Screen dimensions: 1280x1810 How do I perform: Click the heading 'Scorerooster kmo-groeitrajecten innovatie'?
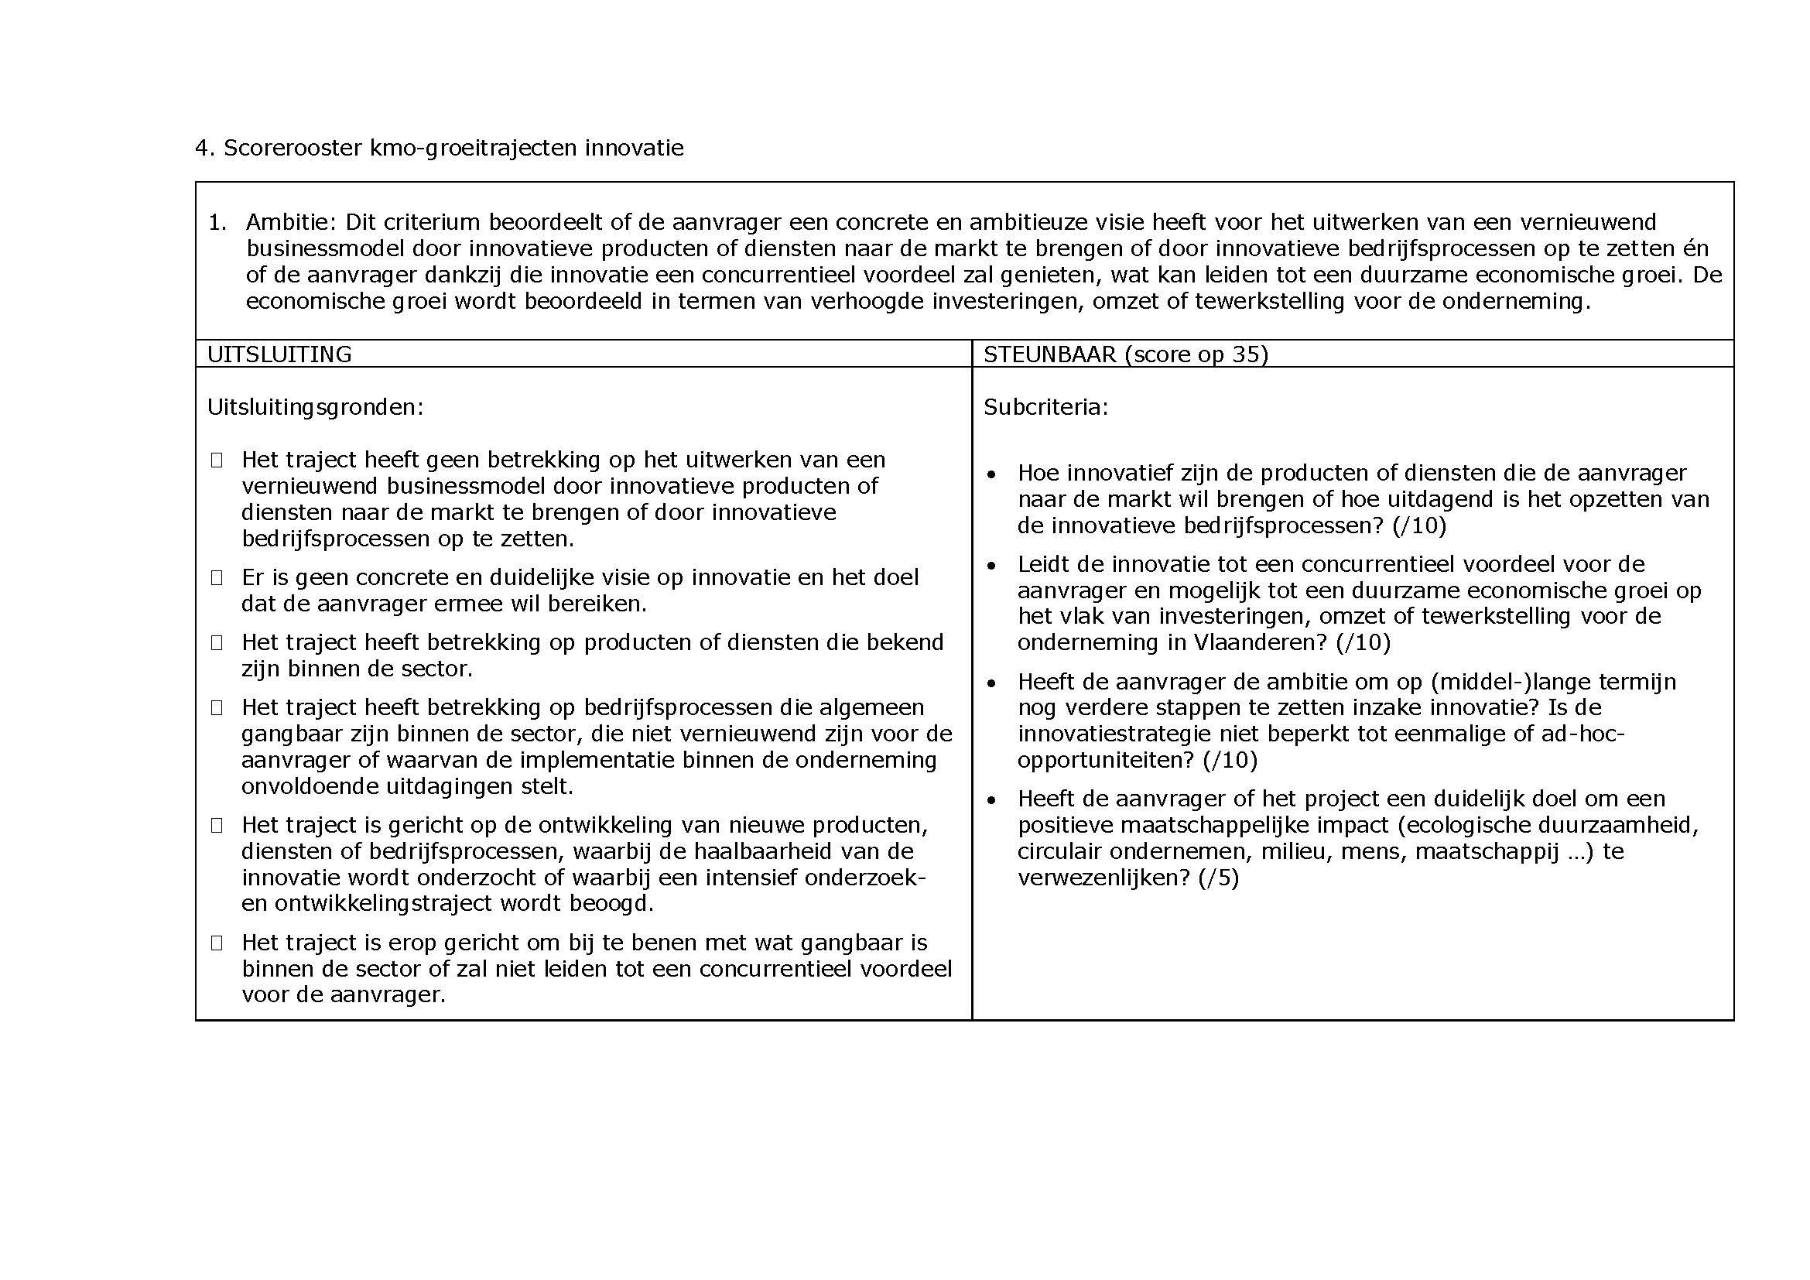coord(453,148)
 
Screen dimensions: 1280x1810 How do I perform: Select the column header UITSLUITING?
coord(279,354)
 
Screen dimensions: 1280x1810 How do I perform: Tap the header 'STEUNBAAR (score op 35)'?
coord(1125,354)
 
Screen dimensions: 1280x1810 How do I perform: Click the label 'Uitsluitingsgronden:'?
coord(315,408)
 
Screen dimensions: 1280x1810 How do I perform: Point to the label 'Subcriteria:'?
coord(1045,408)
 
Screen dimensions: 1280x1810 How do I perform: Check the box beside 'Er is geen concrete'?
coord(217,578)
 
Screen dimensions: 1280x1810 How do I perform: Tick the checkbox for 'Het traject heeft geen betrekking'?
coord(217,460)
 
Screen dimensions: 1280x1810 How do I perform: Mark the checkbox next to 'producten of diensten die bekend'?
coord(217,643)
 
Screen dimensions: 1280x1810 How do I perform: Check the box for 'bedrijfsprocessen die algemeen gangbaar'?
coord(217,708)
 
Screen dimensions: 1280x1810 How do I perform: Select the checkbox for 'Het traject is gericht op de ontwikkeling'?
coord(217,825)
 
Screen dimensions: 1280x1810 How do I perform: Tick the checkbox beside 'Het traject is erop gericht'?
coord(217,943)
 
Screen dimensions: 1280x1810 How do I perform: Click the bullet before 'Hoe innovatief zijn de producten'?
coord(992,474)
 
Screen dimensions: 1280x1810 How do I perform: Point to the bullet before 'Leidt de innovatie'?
coord(992,566)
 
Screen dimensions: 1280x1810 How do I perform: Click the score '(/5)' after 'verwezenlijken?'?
coord(1218,878)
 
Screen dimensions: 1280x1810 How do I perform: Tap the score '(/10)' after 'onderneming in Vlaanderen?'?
coord(1363,643)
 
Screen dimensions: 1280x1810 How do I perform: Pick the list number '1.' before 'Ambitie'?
coord(217,222)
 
